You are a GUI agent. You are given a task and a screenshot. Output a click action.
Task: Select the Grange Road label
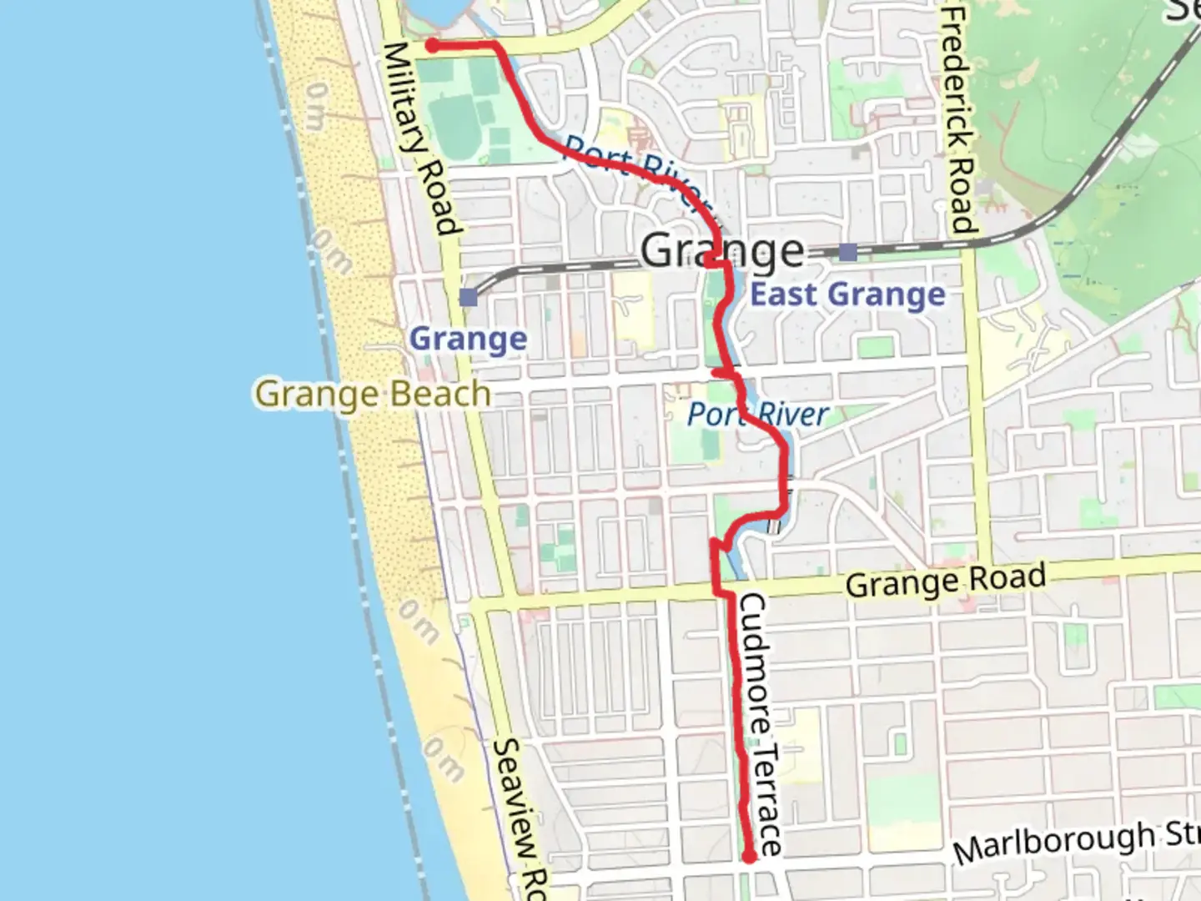pos(945,580)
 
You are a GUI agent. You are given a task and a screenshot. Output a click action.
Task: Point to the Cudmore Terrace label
pos(762,724)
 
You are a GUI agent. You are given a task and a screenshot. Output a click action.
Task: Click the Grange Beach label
pos(373,394)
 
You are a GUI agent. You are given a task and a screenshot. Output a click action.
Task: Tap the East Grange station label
pos(848,294)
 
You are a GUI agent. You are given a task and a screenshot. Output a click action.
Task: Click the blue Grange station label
pos(469,339)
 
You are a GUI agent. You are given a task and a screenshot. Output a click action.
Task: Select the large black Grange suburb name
pos(723,250)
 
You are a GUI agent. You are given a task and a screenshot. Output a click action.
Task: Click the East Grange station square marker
pos(848,251)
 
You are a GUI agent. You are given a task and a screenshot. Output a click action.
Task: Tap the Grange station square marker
pos(469,296)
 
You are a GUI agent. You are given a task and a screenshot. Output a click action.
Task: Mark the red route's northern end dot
pos(433,45)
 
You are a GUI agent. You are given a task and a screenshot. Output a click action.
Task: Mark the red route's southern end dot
pos(749,857)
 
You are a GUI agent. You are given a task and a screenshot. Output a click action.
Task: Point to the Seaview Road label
pos(518,818)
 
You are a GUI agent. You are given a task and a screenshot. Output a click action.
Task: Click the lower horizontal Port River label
pos(758,414)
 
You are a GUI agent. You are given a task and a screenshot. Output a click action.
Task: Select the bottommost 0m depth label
pos(441,758)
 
